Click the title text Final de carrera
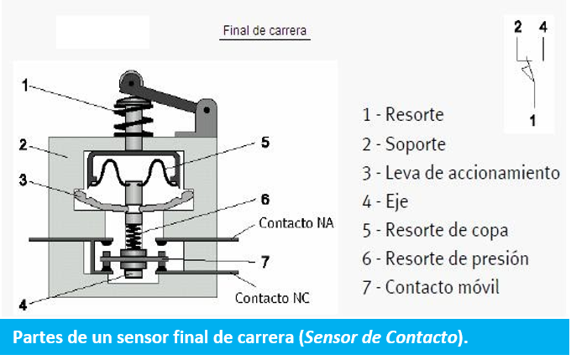click(x=265, y=30)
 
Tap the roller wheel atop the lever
click(x=131, y=82)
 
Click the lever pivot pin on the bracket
click(x=207, y=110)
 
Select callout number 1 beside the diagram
click(x=24, y=86)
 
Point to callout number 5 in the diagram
click(x=265, y=143)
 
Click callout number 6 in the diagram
click(x=265, y=200)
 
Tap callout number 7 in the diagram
click(x=265, y=262)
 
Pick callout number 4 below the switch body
click(x=23, y=305)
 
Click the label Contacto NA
click(x=296, y=222)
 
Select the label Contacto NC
click(x=272, y=298)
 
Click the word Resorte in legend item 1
click(x=415, y=114)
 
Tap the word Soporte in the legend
click(x=416, y=144)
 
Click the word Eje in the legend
click(x=396, y=202)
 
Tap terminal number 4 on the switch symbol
click(x=543, y=27)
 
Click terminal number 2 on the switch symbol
click(x=518, y=27)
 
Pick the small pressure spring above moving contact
click(x=134, y=237)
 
